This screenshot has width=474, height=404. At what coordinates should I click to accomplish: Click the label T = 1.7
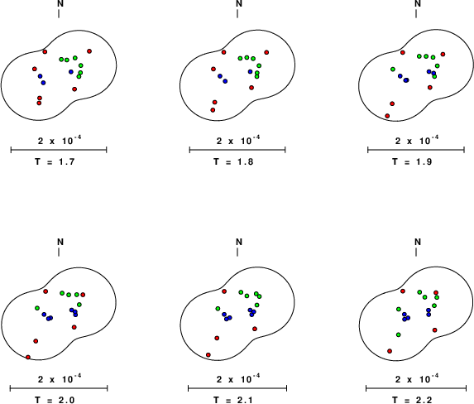pos(55,162)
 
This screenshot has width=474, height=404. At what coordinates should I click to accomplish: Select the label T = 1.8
pos(233,162)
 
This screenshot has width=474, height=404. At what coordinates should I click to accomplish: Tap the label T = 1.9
pos(412,162)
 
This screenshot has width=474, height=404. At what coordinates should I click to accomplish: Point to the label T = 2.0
pos(55,400)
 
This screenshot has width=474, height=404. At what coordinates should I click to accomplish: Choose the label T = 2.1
pos(233,400)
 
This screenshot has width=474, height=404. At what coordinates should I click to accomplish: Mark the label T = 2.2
pos(412,400)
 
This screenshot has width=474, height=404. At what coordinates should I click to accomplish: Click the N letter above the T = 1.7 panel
pos(60,3)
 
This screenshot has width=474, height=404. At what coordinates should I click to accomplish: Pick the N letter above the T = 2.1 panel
pos(239,242)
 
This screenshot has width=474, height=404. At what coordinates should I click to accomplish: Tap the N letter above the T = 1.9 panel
pos(418,3)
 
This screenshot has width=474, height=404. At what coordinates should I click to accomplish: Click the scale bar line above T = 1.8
pos(237,150)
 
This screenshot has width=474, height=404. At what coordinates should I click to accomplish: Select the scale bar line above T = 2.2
pos(416,388)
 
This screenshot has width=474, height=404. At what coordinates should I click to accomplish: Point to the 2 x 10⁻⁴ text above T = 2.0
pos(60,378)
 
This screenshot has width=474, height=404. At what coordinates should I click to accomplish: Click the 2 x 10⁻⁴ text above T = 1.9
pos(417,140)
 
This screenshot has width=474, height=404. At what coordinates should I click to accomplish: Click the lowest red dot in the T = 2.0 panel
pos(28,358)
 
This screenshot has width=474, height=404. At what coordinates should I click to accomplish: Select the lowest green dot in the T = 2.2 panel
pos(399,334)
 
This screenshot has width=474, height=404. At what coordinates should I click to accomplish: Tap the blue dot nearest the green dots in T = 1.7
pos(71,72)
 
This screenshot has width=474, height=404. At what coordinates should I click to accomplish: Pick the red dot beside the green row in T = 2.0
pos(83,295)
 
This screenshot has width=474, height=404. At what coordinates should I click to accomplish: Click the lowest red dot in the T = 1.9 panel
pos(387,116)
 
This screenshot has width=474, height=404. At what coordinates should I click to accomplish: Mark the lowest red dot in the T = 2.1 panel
pos(208,354)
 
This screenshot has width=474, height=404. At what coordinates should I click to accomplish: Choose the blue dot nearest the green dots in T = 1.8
pos(250,72)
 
